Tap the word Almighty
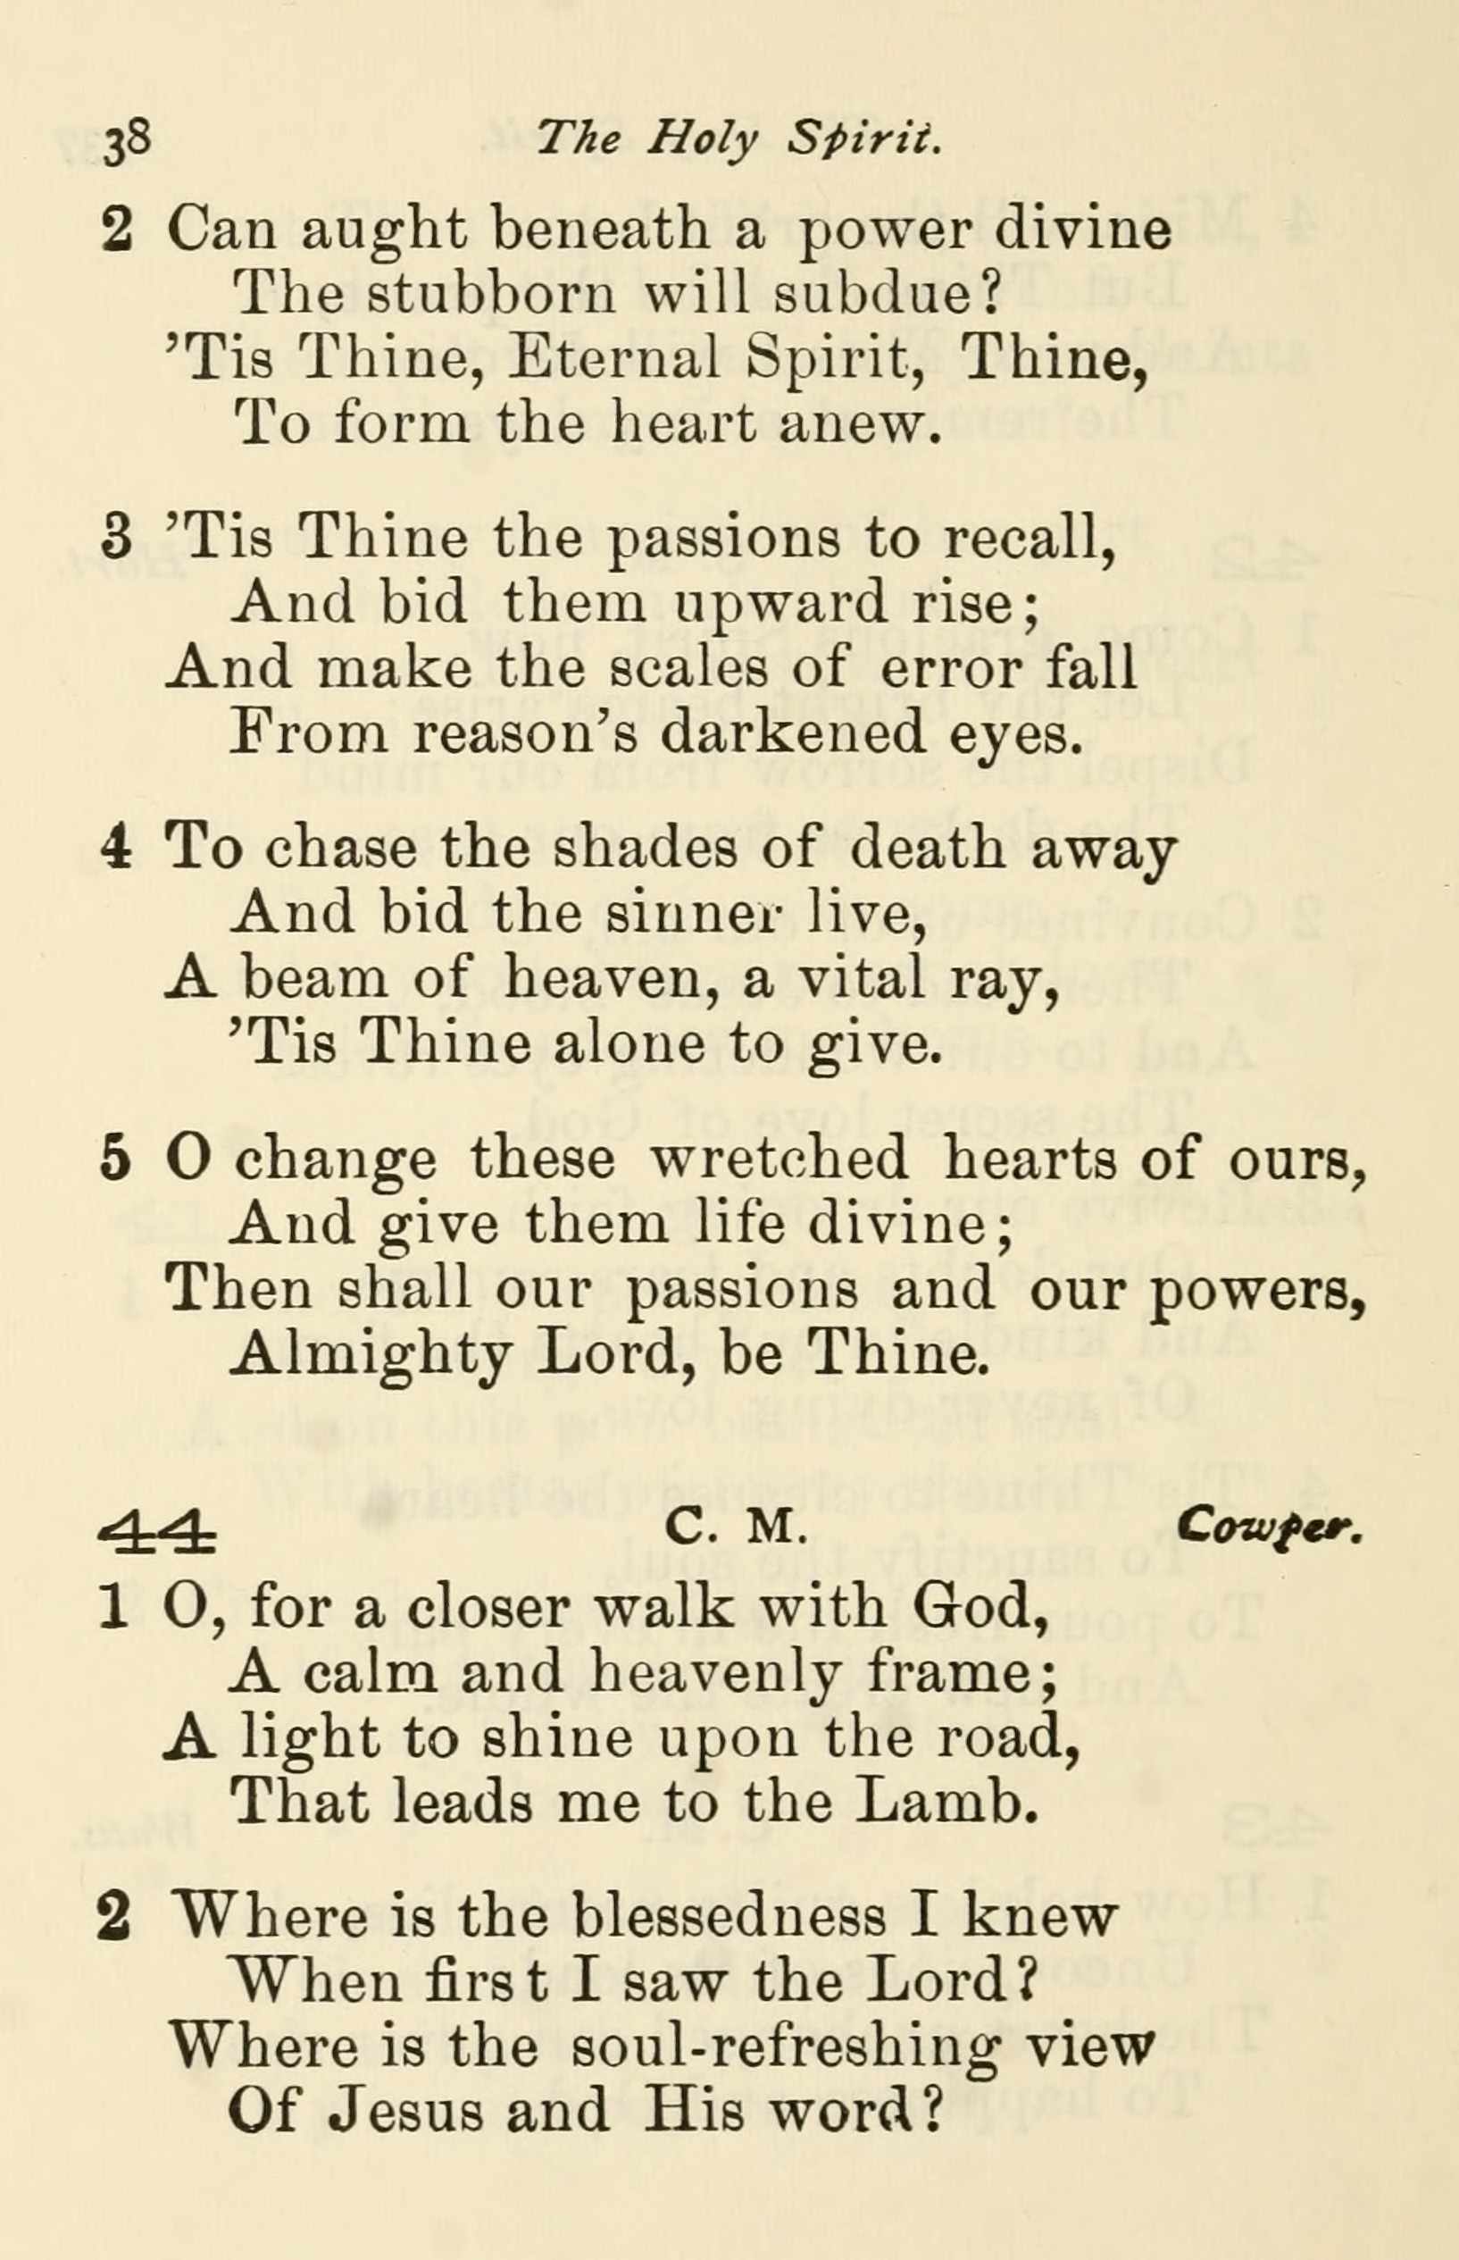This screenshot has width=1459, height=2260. pyautogui.click(x=372, y=1357)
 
